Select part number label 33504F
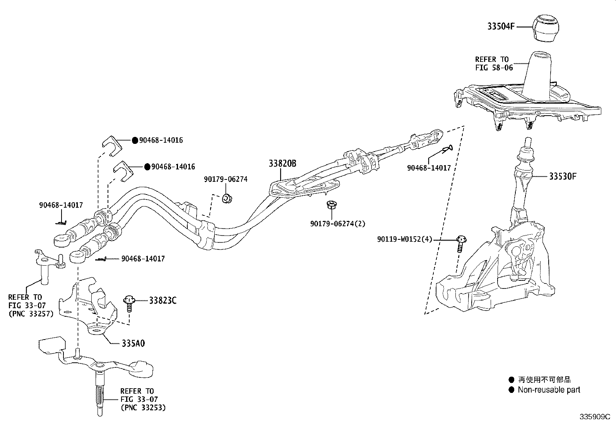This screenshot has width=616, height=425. (x=501, y=27)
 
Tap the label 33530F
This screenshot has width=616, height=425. (x=563, y=176)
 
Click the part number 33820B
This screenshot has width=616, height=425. (x=282, y=164)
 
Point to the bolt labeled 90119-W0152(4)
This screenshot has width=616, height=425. (x=460, y=244)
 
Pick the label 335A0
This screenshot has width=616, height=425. (x=133, y=343)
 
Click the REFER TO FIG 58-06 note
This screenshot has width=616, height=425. (x=494, y=63)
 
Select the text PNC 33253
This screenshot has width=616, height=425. (x=143, y=408)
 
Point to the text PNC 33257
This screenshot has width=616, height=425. (x=31, y=314)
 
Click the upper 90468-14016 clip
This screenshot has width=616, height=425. (x=111, y=146)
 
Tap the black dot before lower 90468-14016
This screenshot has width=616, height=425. (x=147, y=167)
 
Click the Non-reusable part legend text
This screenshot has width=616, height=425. (x=549, y=390)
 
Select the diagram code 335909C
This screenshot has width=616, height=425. (x=594, y=417)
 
